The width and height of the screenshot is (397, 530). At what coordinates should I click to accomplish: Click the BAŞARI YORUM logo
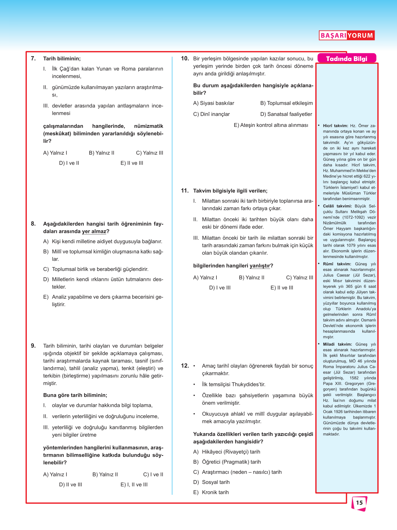coord(347,35)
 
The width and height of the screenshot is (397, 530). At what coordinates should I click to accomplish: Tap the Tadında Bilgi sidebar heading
coord(347,59)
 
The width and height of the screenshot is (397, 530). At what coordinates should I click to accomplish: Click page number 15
coord(359,503)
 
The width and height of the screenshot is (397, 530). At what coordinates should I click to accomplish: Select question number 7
coord(33,58)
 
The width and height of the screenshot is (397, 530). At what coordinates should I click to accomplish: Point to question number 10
coord(185,58)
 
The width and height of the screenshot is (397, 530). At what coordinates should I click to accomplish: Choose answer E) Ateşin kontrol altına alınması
coord(271,125)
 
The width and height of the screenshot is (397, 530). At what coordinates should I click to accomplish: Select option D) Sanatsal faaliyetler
coord(286,114)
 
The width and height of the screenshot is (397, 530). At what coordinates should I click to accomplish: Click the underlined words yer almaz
coord(94,231)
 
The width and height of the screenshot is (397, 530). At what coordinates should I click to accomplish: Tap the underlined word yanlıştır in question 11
coord(259,266)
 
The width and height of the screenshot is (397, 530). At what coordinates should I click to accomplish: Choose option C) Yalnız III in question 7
coord(149,153)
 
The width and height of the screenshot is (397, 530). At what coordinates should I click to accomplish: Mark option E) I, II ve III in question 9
coord(134,484)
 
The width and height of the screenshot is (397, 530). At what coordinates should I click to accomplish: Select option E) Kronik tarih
coord(211,492)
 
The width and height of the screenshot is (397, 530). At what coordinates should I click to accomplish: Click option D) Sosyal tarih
coord(211,482)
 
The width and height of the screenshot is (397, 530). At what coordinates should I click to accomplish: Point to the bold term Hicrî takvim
coord(335,126)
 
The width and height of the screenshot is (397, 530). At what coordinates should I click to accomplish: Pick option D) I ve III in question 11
coord(220,287)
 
